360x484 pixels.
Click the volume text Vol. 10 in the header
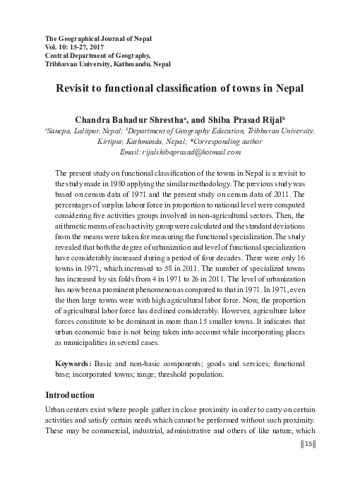tap(58, 45)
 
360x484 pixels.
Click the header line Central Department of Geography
tap(98, 54)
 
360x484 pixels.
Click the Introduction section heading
tap(74, 394)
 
